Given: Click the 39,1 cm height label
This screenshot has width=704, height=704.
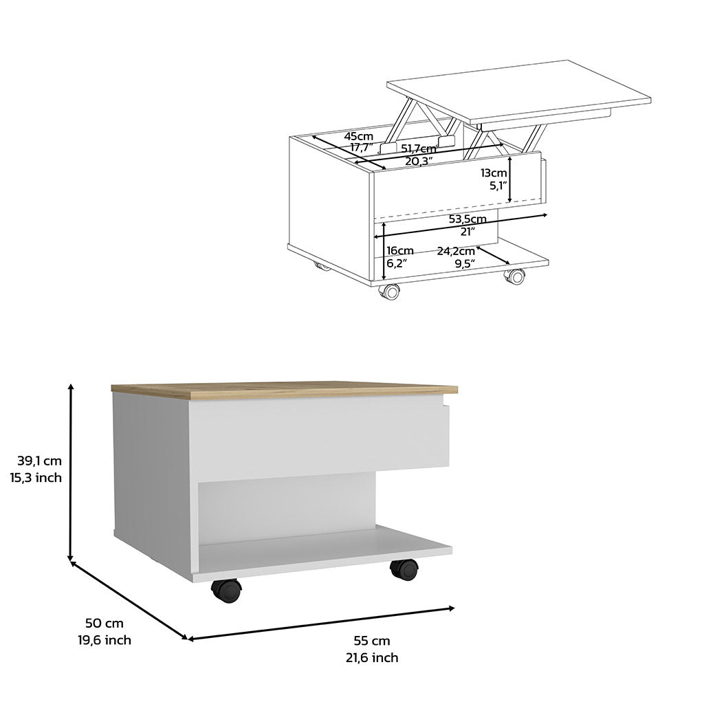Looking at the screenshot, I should [39, 461].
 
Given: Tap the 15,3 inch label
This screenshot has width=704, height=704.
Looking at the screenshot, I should [36, 478].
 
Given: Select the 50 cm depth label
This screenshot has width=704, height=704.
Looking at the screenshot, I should [104, 624].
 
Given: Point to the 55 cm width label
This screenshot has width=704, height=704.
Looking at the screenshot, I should [371, 641].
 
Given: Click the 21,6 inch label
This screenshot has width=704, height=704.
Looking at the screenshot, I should [371, 658].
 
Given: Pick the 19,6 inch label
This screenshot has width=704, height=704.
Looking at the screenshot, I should [104, 641].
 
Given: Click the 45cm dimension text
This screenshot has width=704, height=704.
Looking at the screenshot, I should [359, 136].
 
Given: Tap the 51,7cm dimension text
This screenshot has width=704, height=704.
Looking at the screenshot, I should [419, 149].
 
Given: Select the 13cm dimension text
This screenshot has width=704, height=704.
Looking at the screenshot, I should [494, 173].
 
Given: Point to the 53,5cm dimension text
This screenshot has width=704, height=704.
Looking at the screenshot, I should [467, 219].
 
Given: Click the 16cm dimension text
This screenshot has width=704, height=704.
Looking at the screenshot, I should [400, 250].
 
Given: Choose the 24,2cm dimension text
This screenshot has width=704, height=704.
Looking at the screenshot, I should [456, 250].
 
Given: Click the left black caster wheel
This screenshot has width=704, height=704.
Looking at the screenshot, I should [227, 591].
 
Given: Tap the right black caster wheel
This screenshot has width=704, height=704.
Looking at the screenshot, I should [404, 569].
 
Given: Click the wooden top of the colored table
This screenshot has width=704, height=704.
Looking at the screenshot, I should [282, 388].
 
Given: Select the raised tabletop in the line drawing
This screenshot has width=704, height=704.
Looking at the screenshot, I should [519, 89].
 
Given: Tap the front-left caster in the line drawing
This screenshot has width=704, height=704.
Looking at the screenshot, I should [390, 291].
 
